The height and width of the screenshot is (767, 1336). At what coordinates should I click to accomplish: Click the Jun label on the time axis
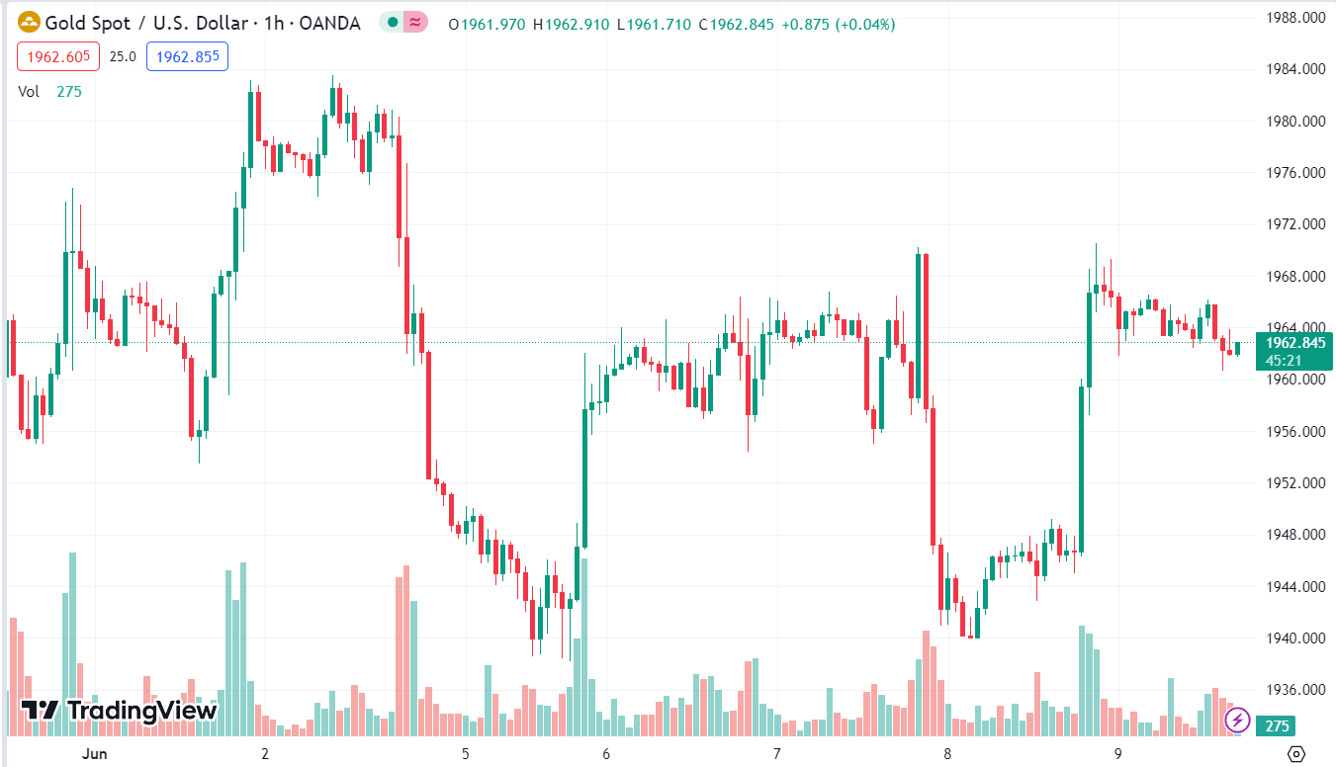pyautogui.click(x=95, y=753)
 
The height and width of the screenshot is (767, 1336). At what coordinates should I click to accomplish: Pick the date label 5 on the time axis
pyautogui.click(x=465, y=753)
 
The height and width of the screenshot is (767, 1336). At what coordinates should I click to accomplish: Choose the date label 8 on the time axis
pyautogui.click(x=947, y=753)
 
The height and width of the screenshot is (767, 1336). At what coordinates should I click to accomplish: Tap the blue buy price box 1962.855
pyautogui.click(x=187, y=56)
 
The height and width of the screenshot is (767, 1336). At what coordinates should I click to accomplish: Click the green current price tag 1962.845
pyautogui.click(x=1293, y=343)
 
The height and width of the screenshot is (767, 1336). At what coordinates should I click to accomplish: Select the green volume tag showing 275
pyautogui.click(x=1277, y=726)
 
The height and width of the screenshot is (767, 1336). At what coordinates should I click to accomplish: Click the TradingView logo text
pyautogui.click(x=119, y=710)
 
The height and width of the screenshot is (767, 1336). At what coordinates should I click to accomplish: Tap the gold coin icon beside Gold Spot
pyautogui.click(x=30, y=23)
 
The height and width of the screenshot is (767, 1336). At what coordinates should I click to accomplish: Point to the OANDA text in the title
pyautogui.click(x=328, y=24)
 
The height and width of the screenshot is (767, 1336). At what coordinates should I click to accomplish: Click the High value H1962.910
pyautogui.click(x=571, y=24)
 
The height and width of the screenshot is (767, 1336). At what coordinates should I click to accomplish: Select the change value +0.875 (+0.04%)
pyautogui.click(x=838, y=24)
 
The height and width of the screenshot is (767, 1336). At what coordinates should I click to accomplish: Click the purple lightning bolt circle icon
pyautogui.click(x=1236, y=720)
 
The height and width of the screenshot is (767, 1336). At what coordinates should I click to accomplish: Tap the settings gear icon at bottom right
pyautogui.click(x=1297, y=753)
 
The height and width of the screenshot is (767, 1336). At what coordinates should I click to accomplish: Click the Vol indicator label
pyautogui.click(x=29, y=91)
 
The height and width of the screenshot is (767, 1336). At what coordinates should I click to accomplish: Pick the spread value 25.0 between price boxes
pyautogui.click(x=123, y=56)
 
